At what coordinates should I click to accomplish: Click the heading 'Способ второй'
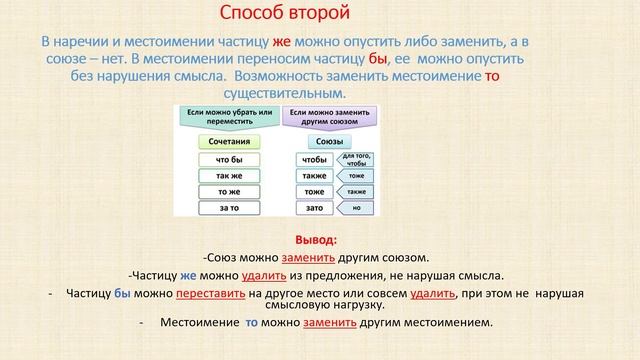point(284,14)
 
